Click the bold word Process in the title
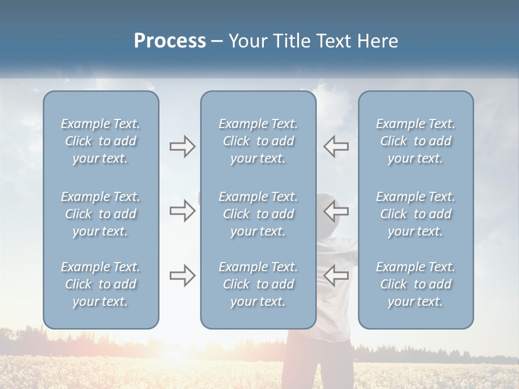[x=170, y=41]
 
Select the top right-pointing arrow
[x=182, y=146]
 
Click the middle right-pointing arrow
[x=182, y=211]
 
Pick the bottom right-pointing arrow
[x=182, y=276]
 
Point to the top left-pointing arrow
[x=336, y=146]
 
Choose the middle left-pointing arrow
[x=336, y=211]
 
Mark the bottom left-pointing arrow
[x=336, y=276]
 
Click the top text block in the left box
[x=101, y=141]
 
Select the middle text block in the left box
[x=101, y=214]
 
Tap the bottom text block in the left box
[x=101, y=284]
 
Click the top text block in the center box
[x=258, y=141]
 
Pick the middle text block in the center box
[x=258, y=214]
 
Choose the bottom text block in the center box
[x=258, y=284]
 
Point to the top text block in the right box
[x=415, y=141]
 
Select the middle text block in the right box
[x=415, y=214]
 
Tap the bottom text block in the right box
[x=415, y=284]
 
